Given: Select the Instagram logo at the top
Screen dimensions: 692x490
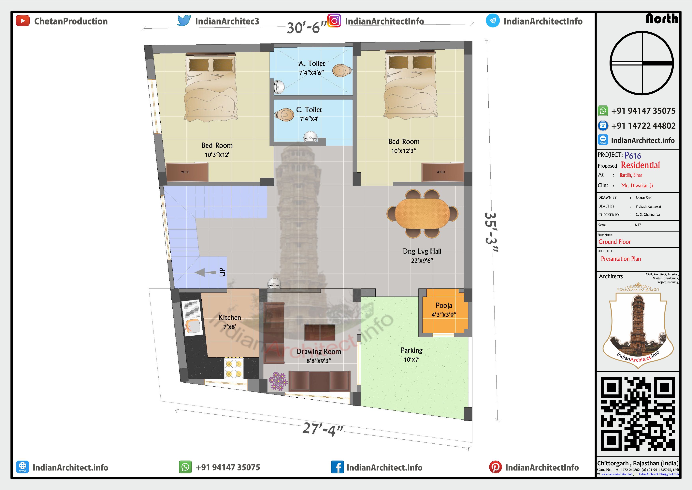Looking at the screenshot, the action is tap(334, 21).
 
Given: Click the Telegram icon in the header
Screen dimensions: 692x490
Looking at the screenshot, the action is tap(493, 21).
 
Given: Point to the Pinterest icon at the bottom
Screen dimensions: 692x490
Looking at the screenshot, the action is tap(496, 467).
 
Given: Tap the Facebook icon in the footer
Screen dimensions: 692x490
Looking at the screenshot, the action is tap(337, 467).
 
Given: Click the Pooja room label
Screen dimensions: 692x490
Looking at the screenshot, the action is tap(444, 305).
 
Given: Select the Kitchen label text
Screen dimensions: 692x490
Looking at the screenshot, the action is tap(230, 317).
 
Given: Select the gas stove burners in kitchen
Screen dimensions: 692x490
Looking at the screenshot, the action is tap(234, 368).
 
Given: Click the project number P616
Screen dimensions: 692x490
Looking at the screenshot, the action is tap(633, 155).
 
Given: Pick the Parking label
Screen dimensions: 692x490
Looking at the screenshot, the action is tap(412, 350).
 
